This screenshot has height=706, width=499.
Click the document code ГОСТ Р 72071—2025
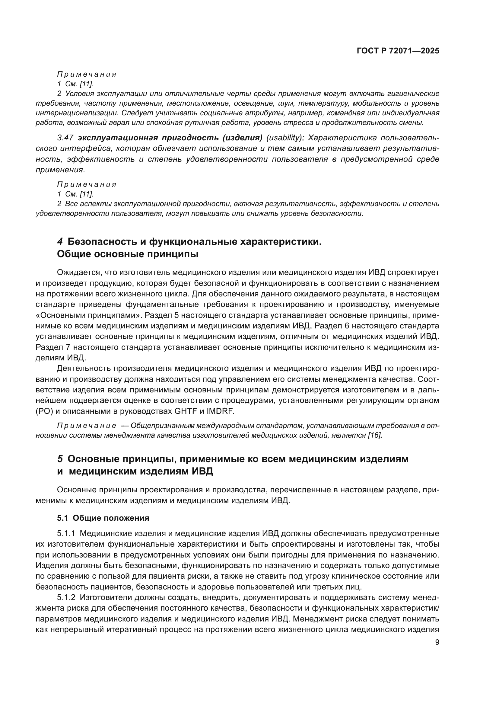click(398, 51)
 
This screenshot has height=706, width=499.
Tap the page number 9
click(437, 642)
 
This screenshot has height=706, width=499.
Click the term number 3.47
click(65, 138)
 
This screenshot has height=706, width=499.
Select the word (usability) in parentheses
click(285, 138)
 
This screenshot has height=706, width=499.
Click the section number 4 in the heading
click(60, 242)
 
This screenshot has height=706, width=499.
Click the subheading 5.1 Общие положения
click(103, 518)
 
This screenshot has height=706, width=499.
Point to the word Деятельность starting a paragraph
click(84, 369)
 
